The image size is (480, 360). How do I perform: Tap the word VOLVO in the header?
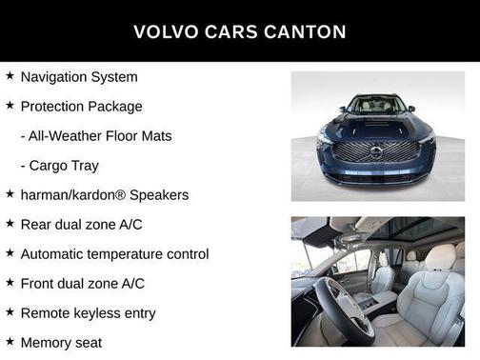pyautogui.click(x=165, y=31)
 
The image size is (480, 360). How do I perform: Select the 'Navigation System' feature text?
pyautogui.click(x=79, y=77)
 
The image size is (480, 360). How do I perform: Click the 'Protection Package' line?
pyautogui.click(x=81, y=107)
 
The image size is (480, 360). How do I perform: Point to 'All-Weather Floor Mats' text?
pyautogui.click(x=96, y=136)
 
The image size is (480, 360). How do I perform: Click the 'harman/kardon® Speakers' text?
pyautogui.click(x=105, y=195)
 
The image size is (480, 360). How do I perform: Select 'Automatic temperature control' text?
pyautogui.click(x=114, y=254)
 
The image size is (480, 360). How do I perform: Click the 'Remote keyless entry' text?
pyautogui.click(x=88, y=313)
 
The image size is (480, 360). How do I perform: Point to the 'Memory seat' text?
pyautogui.click(x=61, y=342)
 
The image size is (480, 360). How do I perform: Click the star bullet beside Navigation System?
pyautogui.click(x=10, y=76)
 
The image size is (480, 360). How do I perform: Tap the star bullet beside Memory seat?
pyautogui.click(x=10, y=341)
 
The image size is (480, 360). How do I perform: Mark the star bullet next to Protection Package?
pyautogui.click(x=10, y=106)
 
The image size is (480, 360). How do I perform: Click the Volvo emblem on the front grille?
pyautogui.click(x=376, y=153)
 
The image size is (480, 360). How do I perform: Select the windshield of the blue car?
pyautogui.click(x=376, y=105)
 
